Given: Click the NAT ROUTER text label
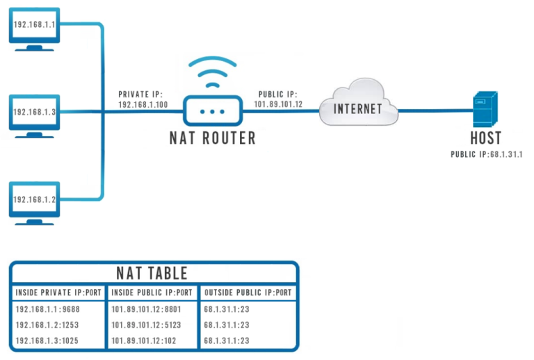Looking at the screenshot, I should tap(212, 138).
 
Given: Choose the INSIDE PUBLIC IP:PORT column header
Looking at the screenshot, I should tap(152, 293).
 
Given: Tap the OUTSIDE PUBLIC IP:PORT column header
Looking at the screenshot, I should tap(248, 293).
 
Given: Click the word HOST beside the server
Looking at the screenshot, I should tap(485, 138).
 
